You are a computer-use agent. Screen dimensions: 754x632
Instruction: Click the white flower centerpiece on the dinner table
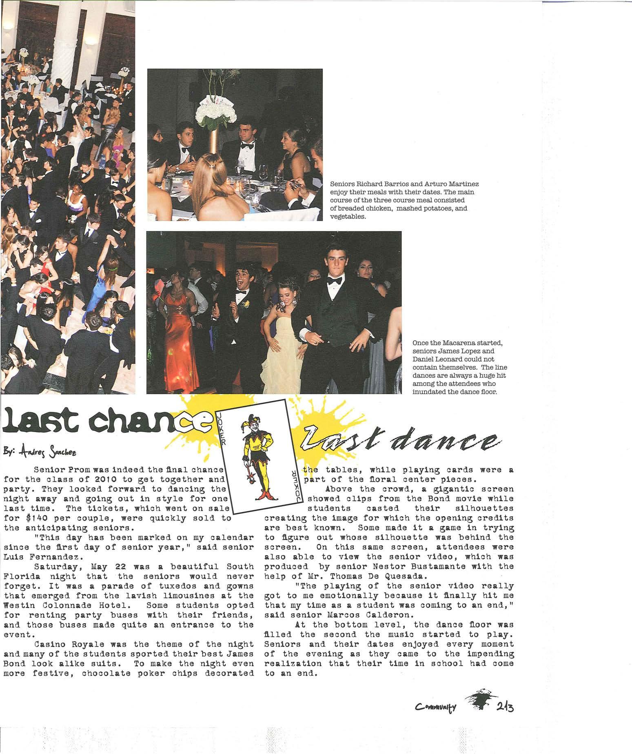(x=216, y=112)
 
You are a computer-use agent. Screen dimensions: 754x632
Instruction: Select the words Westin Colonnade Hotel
(x=61, y=605)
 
